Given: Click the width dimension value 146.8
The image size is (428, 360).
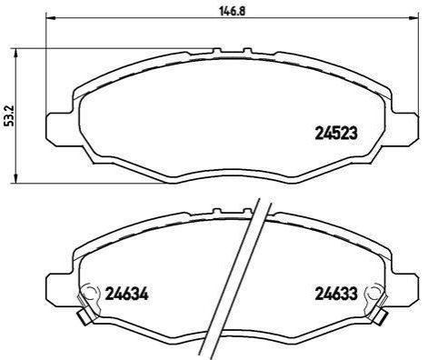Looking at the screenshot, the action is (232, 11).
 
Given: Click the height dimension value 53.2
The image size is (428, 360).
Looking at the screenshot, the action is (10, 115).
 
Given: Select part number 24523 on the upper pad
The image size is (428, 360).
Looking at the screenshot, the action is (336, 133).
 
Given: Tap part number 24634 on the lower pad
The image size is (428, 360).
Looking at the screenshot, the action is (126, 294).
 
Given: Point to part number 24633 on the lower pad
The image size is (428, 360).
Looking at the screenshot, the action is (336, 294).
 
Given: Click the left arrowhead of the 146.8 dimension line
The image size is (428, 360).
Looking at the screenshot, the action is (50, 18).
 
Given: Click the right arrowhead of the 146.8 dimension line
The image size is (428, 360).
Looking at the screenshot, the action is (416, 18).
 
